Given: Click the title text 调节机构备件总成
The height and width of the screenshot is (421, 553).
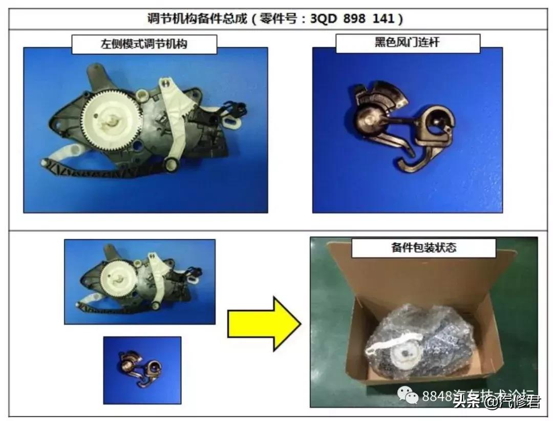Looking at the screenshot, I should (197, 19).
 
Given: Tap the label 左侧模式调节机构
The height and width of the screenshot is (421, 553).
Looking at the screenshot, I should (144, 44).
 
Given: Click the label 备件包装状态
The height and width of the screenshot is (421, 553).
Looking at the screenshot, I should (423, 248).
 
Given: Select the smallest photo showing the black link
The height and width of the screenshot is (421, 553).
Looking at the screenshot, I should (142, 370).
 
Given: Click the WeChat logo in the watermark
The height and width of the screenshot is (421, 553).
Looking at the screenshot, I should (409, 395).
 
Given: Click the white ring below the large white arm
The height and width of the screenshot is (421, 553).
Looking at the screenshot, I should (171, 164).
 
